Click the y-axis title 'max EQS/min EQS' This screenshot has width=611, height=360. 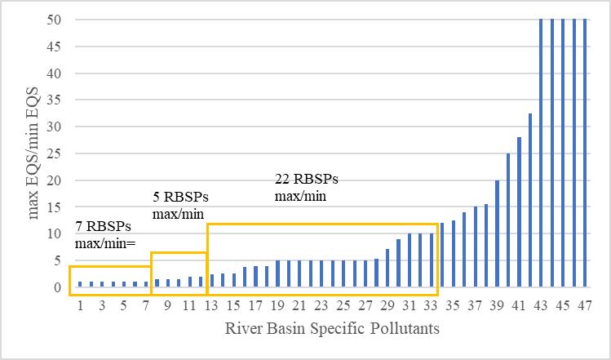click(x=34, y=153)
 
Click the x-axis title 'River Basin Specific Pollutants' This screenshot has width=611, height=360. click(x=334, y=329)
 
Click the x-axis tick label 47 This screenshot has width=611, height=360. click(x=585, y=305)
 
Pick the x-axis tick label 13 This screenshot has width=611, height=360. click(x=211, y=305)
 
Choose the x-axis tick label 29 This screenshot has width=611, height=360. click(x=387, y=305)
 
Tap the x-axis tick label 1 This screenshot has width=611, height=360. click(x=80, y=305)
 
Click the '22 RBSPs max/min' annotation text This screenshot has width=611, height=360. click(x=306, y=188)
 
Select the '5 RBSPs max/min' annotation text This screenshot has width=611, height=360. click(x=180, y=205)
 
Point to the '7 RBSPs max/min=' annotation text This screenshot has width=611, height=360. click(x=105, y=235)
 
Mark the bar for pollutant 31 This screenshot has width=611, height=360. click(x=410, y=260)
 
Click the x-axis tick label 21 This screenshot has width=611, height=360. click(x=299, y=305)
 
